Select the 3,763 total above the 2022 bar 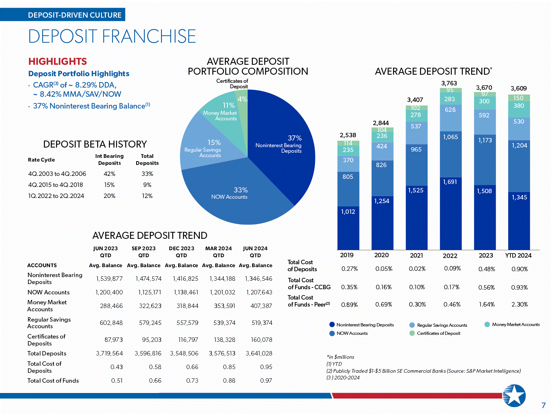point(449,83)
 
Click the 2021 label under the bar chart point(416,255)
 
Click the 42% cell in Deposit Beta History point(109,174)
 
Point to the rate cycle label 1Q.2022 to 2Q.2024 point(56,196)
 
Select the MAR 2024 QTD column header point(219,252)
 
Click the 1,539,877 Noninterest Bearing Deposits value point(109,279)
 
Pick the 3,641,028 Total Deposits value point(259,353)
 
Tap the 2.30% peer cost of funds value point(519,304)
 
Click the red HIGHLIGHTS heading point(58,61)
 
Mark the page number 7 point(544,406)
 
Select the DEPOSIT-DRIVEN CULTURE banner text point(75,15)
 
